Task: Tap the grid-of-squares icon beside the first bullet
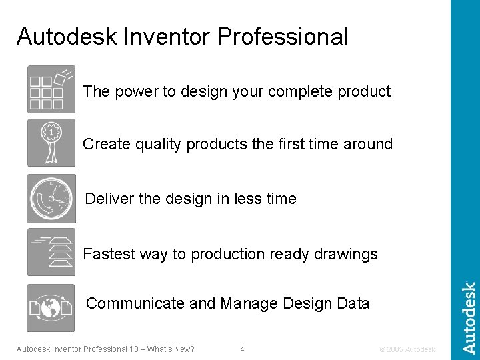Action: coord(51,89)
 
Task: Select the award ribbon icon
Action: coord(51,143)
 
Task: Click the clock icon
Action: coord(51,199)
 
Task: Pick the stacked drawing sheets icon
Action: coord(51,252)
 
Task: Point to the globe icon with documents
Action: coord(51,307)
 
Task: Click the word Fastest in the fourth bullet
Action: coord(108,254)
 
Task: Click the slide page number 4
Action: coord(242,349)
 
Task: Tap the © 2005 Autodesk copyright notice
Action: coord(406,349)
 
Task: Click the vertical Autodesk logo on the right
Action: coord(469,317)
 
